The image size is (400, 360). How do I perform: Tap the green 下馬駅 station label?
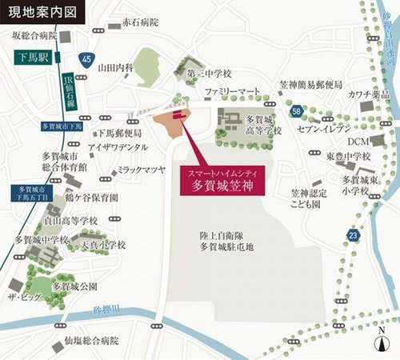[34, 58]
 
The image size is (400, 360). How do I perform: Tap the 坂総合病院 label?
[34, 35]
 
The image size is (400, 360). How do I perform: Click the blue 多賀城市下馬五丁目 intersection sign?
[27, 193]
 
